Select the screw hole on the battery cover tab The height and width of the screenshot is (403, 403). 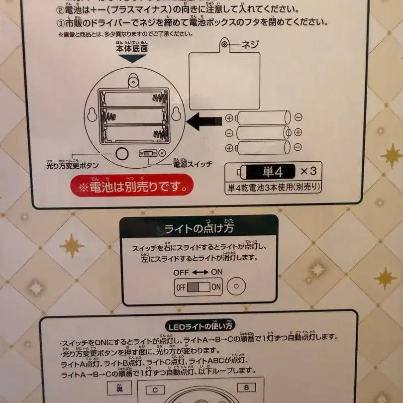[x=225, y=45]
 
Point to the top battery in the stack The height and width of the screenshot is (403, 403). [x=263, y=118]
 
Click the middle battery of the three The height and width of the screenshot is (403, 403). [x=263, y=133]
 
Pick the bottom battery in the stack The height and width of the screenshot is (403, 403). [x=263, y=148]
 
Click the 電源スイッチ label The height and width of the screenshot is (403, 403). [x=192, y=164]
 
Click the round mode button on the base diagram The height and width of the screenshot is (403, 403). [x=122, y=153]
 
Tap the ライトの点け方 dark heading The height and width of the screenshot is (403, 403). [x=199, y=228]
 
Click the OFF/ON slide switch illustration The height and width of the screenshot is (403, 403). [x=199, y=287]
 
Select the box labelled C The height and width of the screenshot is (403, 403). [x=155, y=390]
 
